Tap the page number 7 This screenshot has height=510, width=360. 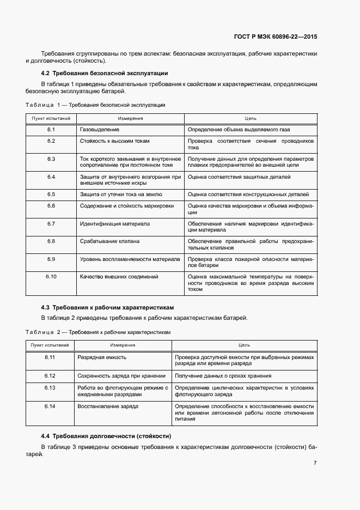pos(315,463)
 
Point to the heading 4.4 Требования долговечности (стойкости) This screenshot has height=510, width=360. pos(106,436)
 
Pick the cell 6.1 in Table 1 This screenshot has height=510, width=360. pos(51,130)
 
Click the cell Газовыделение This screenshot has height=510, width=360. pos(100,130)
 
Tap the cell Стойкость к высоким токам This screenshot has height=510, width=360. pos(115,141)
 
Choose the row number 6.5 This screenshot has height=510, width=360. pos(51,194)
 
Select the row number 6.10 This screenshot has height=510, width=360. pos(51,277)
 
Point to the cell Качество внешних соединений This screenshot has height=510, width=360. pos(119,277)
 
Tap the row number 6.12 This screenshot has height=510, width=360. pos(50,375)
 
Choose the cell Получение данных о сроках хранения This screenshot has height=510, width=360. pos(223,375)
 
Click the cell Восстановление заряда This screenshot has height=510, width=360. pos(108,406)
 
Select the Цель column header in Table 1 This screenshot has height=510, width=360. pos(251,118)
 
